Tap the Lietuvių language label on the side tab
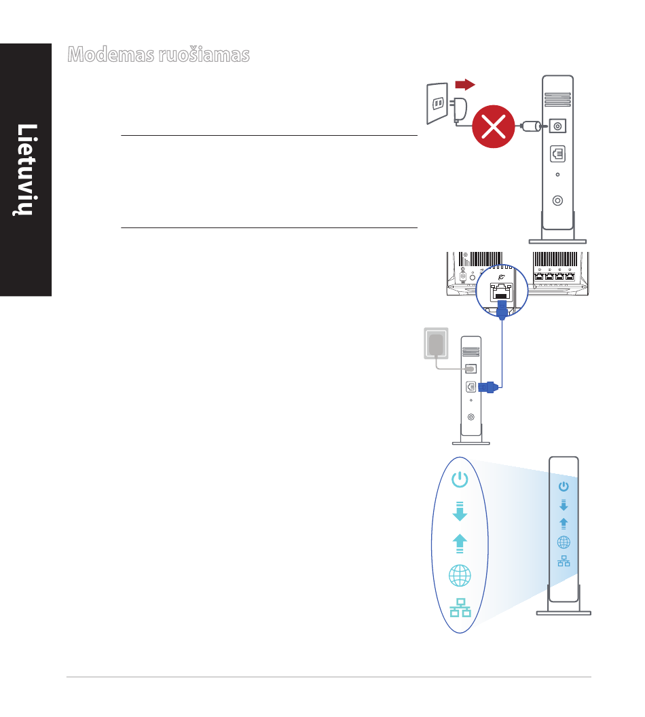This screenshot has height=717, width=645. (25, 169)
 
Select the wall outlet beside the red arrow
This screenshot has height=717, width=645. (438, 103)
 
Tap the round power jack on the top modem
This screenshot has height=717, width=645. (557, 126)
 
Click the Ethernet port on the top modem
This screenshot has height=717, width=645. (557, 155)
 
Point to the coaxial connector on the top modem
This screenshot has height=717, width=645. (557, 200)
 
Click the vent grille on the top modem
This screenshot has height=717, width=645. (557, 99)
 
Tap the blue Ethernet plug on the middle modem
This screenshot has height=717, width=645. (489, 388)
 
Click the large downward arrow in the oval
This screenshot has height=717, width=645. (460, 511)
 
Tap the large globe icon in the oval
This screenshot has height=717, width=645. (460, 576)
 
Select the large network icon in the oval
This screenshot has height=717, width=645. (460, 607)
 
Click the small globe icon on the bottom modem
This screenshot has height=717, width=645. (564, 542)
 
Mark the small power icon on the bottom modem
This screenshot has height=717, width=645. (564, 486)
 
